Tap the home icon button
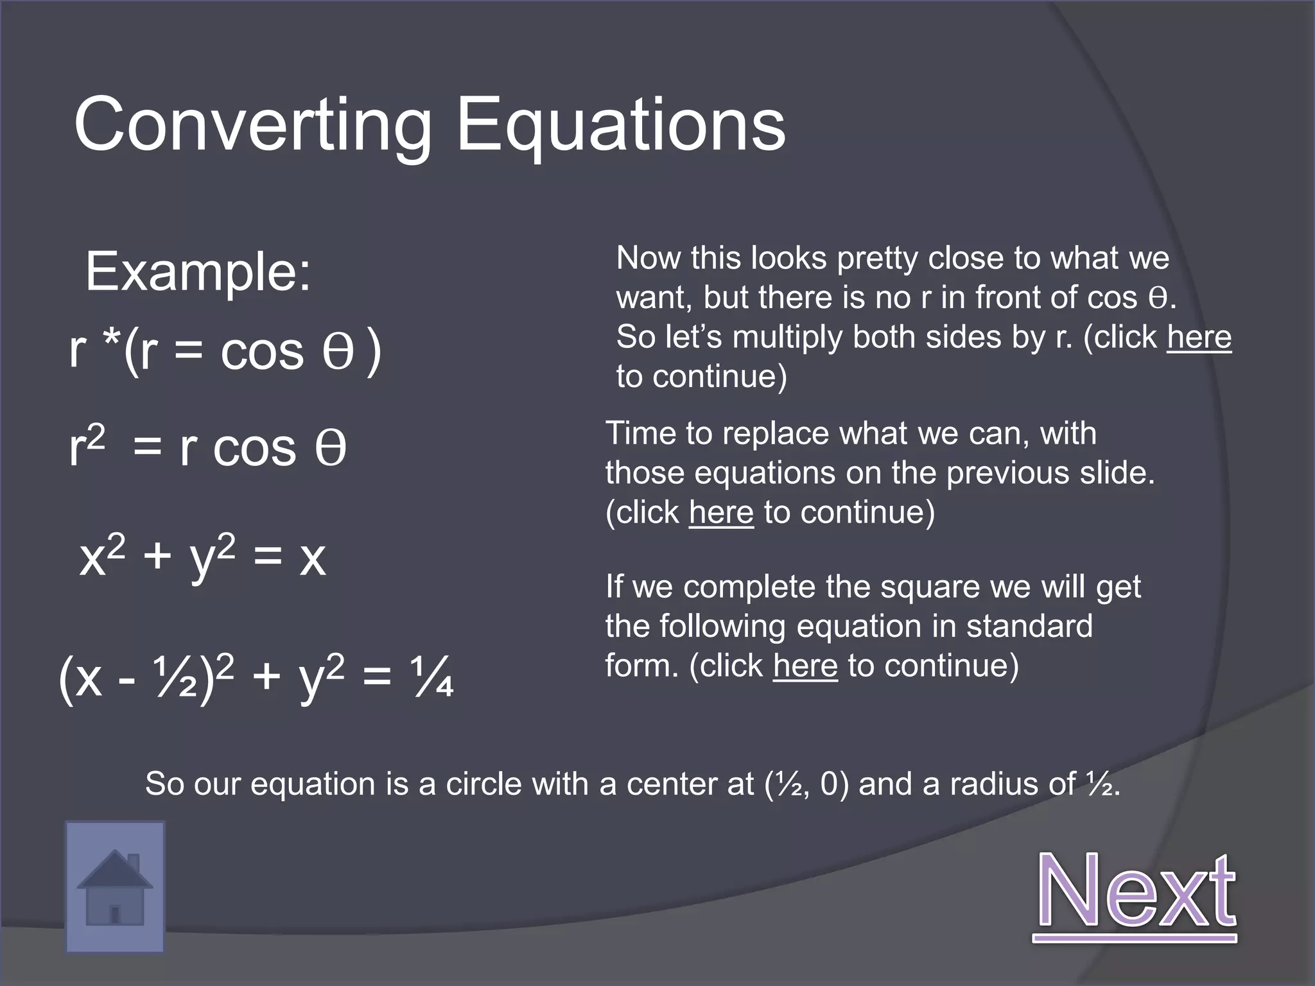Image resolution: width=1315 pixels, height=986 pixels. coord(115,887)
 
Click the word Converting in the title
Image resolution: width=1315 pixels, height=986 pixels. coord(252,125)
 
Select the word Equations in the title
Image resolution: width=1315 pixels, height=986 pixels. coord(620,125)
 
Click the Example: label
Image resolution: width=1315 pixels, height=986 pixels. coord(198,272)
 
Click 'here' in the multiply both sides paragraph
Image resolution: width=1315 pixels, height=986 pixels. coord(1199,337)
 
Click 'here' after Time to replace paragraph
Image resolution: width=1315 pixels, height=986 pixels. coord(720,513)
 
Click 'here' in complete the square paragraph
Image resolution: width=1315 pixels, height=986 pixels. coord(805,666)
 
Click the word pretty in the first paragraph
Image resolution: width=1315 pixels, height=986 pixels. coord(878,259)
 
